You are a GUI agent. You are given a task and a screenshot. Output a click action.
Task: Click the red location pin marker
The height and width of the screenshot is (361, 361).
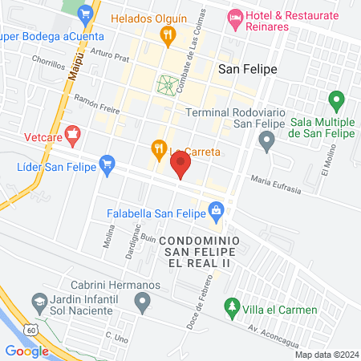coord(180,165)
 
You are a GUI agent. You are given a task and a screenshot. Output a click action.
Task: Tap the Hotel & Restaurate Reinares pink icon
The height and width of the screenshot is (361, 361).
coord(235,16)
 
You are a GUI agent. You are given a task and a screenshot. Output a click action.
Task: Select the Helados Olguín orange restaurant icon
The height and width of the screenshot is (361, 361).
coord(167,34)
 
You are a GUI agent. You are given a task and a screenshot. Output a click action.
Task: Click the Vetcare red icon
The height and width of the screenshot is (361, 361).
coord(73,134)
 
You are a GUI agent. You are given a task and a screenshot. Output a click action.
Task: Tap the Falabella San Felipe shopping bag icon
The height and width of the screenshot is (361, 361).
coord(215,211)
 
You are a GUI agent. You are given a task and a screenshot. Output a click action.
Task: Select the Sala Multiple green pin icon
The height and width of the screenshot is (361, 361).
coord(337,101)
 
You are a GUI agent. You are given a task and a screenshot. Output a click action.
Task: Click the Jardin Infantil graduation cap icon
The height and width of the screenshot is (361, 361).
coord(38,302)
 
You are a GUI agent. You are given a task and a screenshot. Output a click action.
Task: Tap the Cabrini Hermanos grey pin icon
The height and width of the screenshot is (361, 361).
coord(143,302)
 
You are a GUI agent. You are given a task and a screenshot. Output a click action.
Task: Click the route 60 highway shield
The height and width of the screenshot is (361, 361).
coord(30,329)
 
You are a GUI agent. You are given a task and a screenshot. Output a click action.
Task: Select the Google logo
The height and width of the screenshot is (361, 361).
coord(26,351)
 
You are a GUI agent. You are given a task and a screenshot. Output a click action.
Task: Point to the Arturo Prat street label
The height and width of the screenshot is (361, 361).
coord(110,55)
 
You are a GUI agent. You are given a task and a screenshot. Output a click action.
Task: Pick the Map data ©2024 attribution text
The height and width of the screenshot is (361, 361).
coord(325,355)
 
